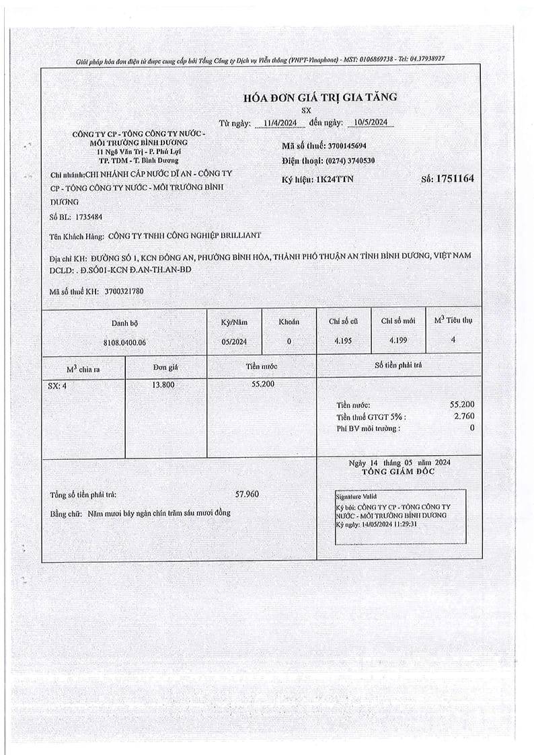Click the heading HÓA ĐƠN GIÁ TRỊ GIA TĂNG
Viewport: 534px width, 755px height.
coord(320,97)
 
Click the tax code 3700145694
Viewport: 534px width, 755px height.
coord(346,146)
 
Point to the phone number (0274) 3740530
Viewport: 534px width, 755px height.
coord(350,161)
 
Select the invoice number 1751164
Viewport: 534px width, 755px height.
coord(455,179)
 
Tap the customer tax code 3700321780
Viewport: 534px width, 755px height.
coord(123,291)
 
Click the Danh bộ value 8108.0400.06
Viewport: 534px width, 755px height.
coord(124,342)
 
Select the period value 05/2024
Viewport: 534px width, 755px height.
coord(234,342)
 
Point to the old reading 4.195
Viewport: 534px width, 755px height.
coord(344,341)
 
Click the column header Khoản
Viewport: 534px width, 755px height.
coord(289,322)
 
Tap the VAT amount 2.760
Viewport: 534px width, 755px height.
coord(464,417)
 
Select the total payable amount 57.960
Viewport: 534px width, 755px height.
coord(247,494)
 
